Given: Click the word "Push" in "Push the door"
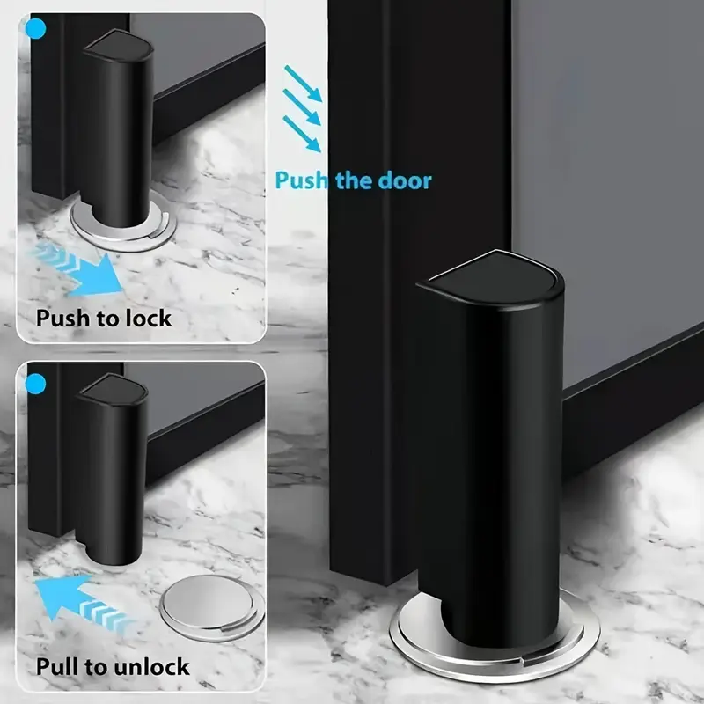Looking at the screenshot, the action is click(x=301, y=180).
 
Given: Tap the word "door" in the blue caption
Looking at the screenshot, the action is click(x=405, y=180).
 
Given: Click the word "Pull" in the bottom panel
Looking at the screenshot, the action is click(x=55, y=666).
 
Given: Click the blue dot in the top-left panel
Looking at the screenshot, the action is click(x=35, y=29).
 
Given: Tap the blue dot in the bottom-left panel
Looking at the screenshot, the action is click(x=35, y=385).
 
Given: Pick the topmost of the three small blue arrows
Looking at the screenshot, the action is click(x=304, y=84).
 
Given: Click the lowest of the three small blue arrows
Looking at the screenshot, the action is click(x=302, y=135).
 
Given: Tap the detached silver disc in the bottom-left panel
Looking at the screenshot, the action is click(x=212, y=607).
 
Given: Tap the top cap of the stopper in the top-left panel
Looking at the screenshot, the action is click(x=119, y=45).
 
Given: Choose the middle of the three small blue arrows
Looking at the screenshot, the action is click(x=302, y=107).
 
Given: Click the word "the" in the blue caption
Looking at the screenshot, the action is click(x=353, y=180).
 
